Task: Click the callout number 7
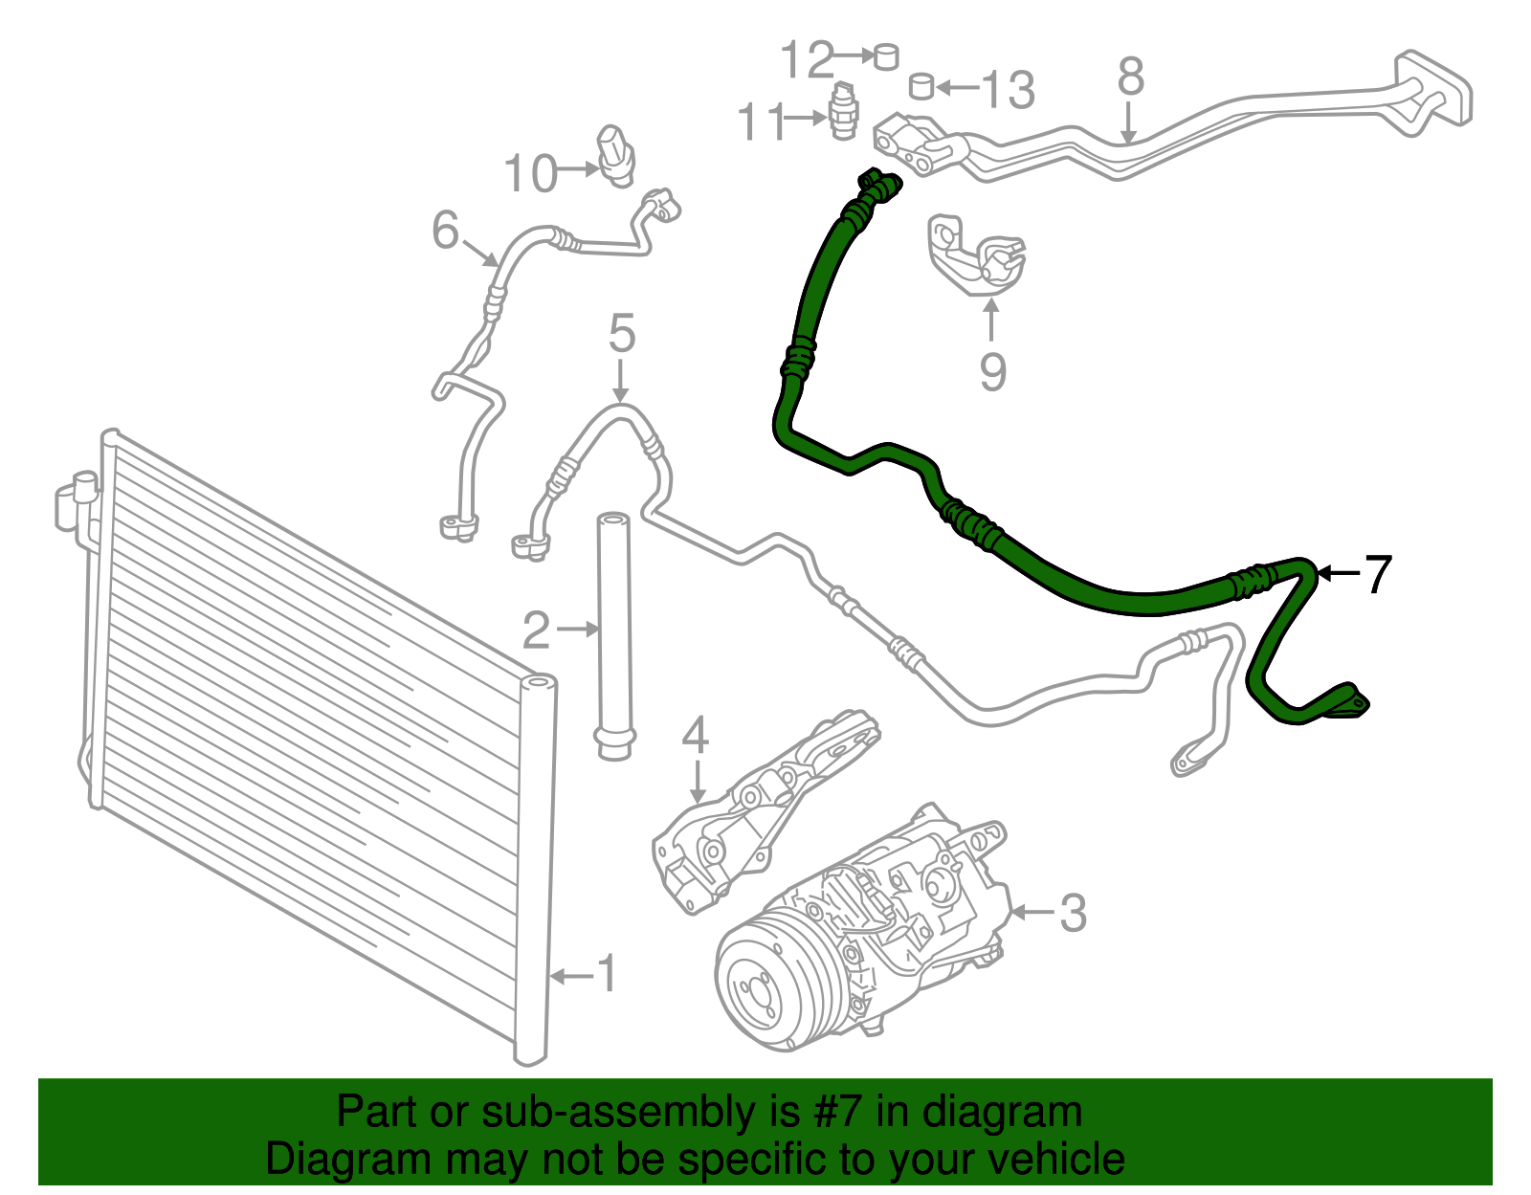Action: tap(1377, 574)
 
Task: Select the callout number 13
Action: tap(1008, 89)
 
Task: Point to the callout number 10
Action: tap(530, 173)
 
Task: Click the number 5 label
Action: tap(621, 333)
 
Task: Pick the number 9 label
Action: tap(992, 371)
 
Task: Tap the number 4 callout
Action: tap(695, 735)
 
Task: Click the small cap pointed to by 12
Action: tap(886, 56)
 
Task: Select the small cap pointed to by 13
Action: tap(921, 86)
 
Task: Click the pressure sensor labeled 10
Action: tap(616, 156)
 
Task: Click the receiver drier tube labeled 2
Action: tap(614, 636)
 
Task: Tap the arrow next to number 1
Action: tap(573, 976)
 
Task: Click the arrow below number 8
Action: tap(1128, 124)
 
